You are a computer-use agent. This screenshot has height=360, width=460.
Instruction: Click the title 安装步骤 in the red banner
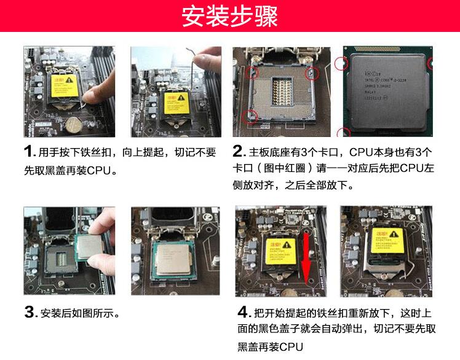coord(229,17)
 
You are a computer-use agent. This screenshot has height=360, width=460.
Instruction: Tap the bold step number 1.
coord(28,151)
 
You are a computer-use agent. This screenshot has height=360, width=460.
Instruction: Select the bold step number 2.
coord(239,151)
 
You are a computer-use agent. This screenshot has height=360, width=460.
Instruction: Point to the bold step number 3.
coord(30,313)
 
